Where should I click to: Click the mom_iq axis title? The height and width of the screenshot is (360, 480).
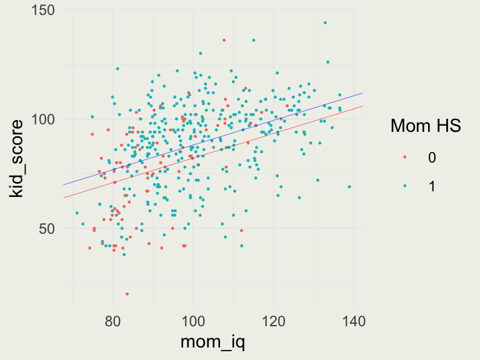pyautogui.click(x=212, y=342)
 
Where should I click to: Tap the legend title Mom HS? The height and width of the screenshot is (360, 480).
pyautogui.click(x=426, y=126)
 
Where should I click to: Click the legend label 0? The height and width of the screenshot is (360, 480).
pyautogui.click(x=432, y=157)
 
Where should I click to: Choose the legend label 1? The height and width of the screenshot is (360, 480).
pyautogui.click(x=432, y=186)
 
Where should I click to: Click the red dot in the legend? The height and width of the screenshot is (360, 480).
pyautogui.click(x=405, y=157)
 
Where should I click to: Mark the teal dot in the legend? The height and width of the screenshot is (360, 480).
pyautogui.click(x=405, y=186)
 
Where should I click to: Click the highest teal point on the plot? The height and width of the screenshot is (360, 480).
pyautogui.click(x=325, y=22)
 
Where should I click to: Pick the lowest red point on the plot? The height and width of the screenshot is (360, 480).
pyautogui.click(x=127, y=294)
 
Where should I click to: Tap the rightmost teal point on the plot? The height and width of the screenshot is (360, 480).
pyautogui.click(x=349, y=186)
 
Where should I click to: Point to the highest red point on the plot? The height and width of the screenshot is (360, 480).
pyautogui.click(x=224, y=40)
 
